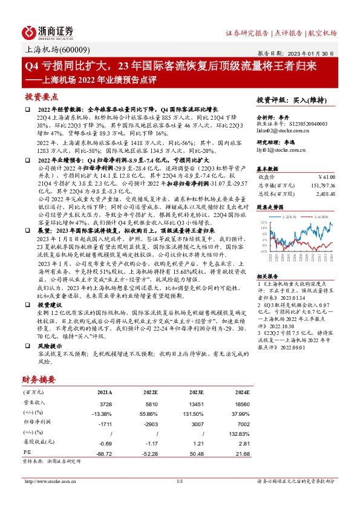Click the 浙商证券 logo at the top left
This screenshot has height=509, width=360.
[48, 31]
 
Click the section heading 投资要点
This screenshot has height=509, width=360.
[41, 97]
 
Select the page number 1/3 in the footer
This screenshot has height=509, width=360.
[180, 481]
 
